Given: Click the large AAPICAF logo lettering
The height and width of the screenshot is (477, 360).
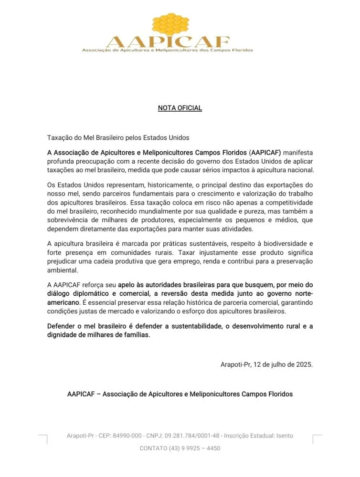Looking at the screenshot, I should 168,42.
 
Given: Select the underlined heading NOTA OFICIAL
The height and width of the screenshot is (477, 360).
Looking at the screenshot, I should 180,108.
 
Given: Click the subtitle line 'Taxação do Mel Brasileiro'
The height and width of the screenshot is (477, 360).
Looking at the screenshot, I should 118,138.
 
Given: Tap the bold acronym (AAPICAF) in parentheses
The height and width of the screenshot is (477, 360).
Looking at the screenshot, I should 265,153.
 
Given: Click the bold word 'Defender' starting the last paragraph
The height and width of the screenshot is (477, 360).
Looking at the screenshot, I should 60,326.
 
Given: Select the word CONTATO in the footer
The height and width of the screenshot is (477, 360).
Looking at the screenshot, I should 153,448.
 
